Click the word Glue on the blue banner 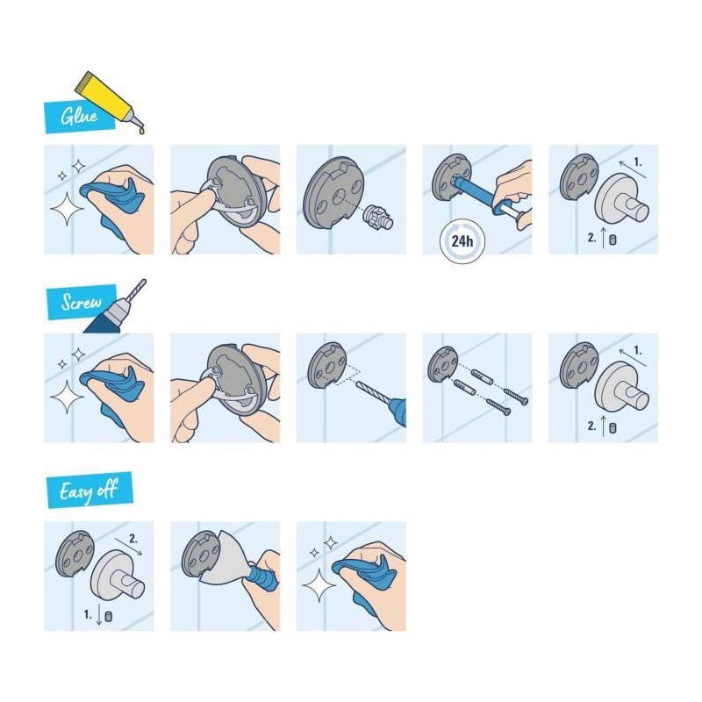pyautogui.click(x=79, y=116)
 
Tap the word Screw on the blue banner pyautogui.click(x=81, y=302)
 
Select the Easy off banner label pyautogui.click(x=89, y=491)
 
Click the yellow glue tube pyautogui.click(x=108, y=97)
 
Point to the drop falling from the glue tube pyautogui.click(x=142, y=130)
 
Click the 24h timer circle pyautogui.click(x=462, y=241)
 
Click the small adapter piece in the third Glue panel pyautogui.click(x=378, y=216)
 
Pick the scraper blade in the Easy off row pyautogui.click(x=224, y=557)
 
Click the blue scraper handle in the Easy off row pyautogui.click(x=261, y=577)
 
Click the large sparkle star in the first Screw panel pyautogui.click(x=68, y=398)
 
